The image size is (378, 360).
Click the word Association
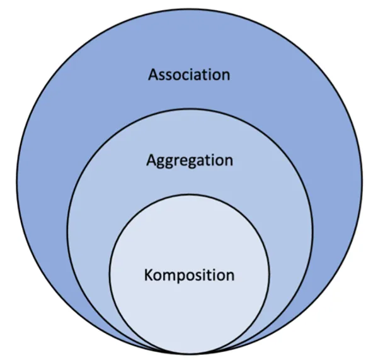coord(189,75)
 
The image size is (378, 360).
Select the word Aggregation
coord(189,160)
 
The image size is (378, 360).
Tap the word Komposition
coord(189,275)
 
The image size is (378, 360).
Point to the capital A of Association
coord(153,75)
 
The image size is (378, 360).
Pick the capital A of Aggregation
coord(151,160)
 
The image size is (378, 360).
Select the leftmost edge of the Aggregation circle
coord(67,230)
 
